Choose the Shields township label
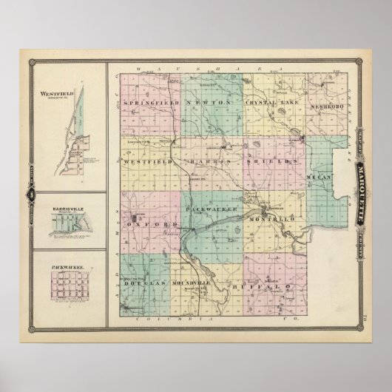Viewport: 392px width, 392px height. [274, 160]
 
